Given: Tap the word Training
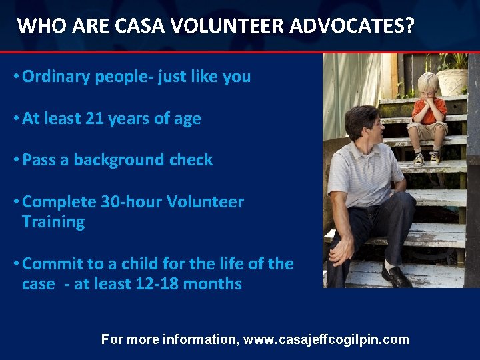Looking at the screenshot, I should click(53, 222).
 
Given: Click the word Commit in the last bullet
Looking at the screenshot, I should click(50, 264).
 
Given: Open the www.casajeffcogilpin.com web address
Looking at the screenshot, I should click(326, 340).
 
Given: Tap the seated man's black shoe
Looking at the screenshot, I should click(397, 276).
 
